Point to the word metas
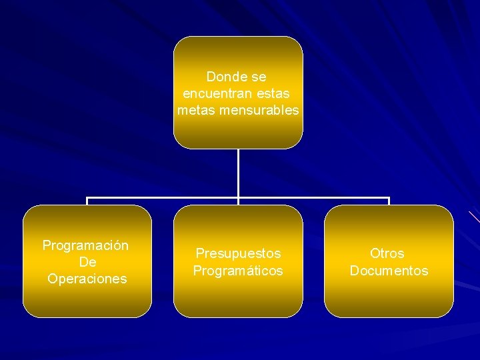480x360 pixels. [x=195, y=110]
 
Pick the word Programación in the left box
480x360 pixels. [x=86, y=245]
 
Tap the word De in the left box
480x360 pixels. [x=87, y=262]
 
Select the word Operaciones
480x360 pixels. [x=87, y=279]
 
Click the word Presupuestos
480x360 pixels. [x=238, y=253]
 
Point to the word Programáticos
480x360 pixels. [x=238, y=271]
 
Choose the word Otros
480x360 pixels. [x=387, y=253]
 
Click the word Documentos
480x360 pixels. [x=389, y=271]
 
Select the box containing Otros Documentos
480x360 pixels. [x=389, y=300]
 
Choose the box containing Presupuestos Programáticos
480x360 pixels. [x=238, y=300]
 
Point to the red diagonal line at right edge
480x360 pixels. [x=474, y=217]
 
